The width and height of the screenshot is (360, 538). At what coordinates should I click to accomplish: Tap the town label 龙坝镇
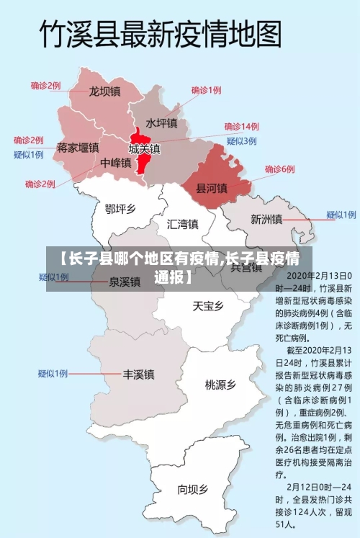pos(104,91)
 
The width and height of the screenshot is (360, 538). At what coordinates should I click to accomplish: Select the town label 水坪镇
pos(162,123)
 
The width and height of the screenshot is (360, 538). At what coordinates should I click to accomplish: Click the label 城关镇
pos(145,149)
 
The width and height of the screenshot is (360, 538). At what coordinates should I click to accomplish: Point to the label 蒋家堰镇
pos(78,148)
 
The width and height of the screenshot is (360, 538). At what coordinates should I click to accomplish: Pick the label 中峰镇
pos(115,163)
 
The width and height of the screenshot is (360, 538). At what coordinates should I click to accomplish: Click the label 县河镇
pos(212,188)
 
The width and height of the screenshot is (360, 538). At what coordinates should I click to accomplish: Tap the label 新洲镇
pos(266,219)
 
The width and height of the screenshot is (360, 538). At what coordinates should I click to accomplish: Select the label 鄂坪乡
pos(120,209)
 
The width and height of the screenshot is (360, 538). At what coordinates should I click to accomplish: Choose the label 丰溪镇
pos(138,375)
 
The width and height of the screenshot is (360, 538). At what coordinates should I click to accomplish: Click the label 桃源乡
pos(220,385)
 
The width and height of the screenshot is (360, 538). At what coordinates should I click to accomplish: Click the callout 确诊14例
pos(241,126)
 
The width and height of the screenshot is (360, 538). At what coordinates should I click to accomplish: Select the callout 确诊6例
pos(279,169)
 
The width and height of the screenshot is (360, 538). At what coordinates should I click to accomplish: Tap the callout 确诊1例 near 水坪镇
pos(206,90)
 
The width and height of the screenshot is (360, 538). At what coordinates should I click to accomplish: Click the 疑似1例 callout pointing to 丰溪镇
pos(53,373)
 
